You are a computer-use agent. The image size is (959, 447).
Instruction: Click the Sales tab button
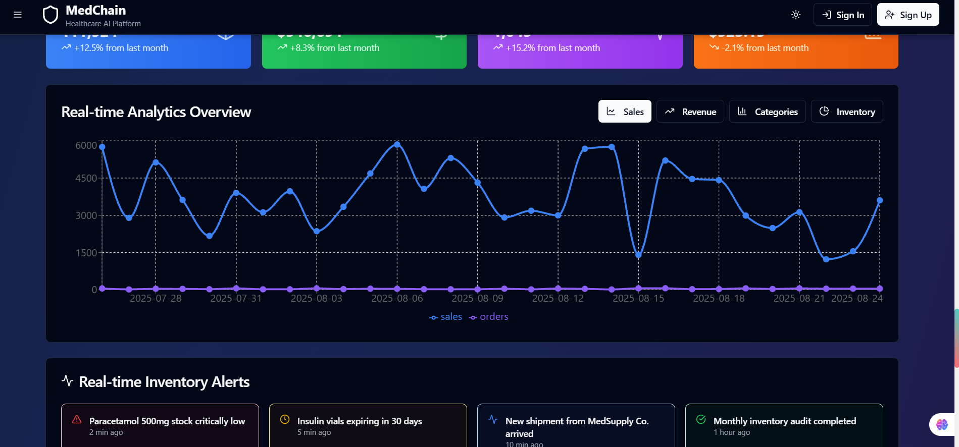[625, 111]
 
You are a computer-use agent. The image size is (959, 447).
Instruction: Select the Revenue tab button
[690, 111]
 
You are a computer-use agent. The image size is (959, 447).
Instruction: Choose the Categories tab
[767, 111]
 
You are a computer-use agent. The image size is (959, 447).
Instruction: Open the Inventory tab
[846, 111]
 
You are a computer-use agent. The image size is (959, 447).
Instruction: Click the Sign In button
[842, 15]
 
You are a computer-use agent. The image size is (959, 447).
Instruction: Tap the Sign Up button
[907, 15]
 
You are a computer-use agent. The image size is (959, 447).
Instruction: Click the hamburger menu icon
[18, 15]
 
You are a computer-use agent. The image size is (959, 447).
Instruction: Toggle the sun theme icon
[795, 15]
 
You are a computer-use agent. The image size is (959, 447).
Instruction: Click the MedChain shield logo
[51, 15]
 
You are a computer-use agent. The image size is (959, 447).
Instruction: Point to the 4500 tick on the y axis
[86, 178]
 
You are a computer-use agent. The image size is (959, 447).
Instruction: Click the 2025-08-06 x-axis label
[397, 298]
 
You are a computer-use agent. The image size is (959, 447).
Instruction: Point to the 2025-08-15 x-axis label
[638, 298]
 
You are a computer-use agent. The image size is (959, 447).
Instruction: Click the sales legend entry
[446, 317]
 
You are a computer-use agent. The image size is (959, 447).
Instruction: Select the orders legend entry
[488, 317]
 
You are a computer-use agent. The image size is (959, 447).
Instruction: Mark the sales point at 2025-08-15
[638, 255]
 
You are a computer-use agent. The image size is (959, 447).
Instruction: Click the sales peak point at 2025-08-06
[397, 145]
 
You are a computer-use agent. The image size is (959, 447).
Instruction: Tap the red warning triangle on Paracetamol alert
[77, 419]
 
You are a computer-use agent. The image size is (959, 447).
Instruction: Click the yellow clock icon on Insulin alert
[285, 419]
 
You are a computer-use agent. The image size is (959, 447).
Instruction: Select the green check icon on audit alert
[701, 419]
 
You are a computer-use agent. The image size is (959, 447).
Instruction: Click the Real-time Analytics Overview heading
[156, 112]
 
